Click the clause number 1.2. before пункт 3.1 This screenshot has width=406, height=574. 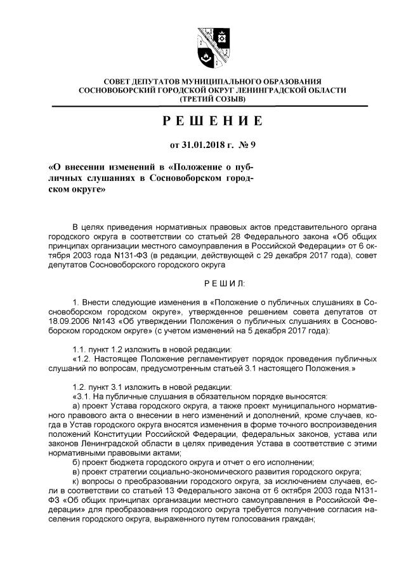(82, 387)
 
